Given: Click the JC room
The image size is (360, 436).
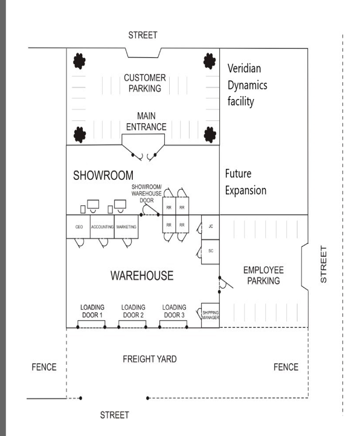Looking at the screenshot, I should [x=210, y=226].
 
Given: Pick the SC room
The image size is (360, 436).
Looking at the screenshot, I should [x=210, y=251].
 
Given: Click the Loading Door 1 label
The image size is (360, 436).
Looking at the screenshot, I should [x=92, y=311].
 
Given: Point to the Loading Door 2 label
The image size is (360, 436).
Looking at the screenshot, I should [x=133, y=311].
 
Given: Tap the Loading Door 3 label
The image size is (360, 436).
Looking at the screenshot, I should [x=174, y=311].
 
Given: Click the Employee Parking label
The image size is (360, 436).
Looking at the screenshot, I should [x=263, y=275].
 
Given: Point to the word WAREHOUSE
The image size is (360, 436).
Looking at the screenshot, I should [x=141, y=276].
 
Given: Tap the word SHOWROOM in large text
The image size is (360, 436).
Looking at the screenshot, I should [x=103, y=176].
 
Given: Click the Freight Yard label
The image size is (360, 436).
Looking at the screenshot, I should [x=150, y=359].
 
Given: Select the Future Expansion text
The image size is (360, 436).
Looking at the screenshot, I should [x=245, y=182].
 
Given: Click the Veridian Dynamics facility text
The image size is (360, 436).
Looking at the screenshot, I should [x=248, y=85].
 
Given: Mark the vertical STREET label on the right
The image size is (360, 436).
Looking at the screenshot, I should [x=324, y=264].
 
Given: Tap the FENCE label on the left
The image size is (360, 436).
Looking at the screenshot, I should [x=43, y=367].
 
